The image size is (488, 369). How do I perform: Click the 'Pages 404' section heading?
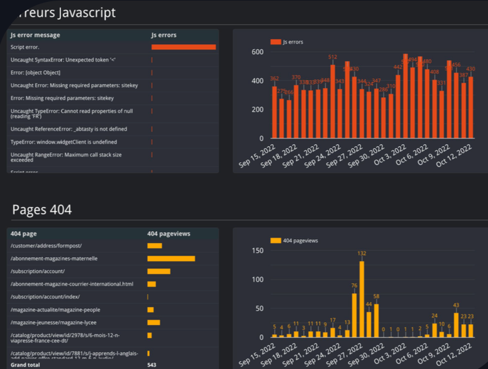tap(42, 210)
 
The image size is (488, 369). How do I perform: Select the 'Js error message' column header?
tap(35, 35)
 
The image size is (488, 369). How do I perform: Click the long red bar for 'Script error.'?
tap(183, 47)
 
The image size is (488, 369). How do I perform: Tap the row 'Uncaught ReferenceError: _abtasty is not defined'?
tap(69, 129)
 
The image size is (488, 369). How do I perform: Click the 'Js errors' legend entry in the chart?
tap(287, 42)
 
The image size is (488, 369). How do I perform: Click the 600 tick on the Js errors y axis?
tap(256, 52)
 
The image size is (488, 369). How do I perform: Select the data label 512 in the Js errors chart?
tap(333, 57)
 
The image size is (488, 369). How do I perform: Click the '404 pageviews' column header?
tap(168, 234)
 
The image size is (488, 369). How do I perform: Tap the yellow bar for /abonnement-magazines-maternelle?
tap(171, 258)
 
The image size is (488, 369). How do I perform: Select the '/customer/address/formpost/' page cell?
tap(46, 246)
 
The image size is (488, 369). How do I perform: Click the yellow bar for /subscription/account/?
tap(158, 271)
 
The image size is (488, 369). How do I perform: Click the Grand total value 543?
tap(151, 365)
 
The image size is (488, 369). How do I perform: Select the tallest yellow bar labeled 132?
tap(361, 299)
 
